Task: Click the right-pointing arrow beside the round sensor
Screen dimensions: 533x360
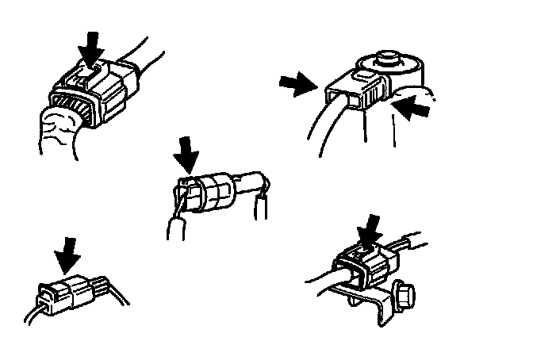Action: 297,84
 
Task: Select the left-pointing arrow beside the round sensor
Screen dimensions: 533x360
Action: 416,108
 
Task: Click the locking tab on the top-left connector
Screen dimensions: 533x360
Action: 87,79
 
